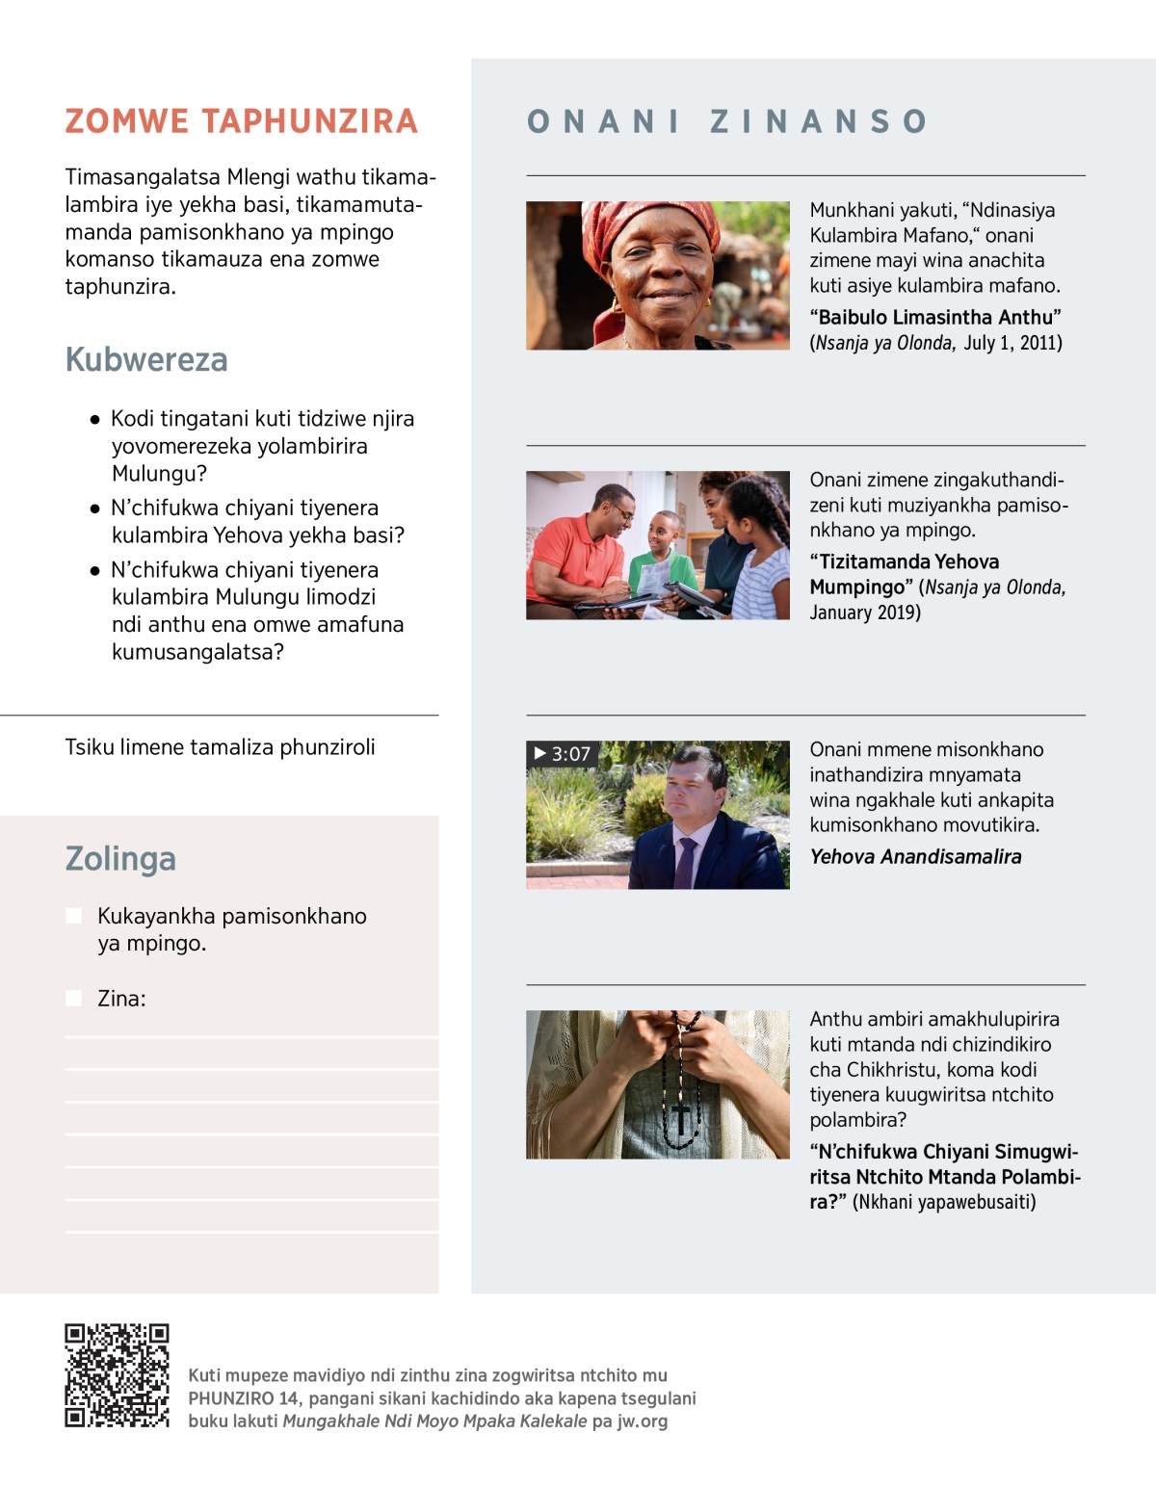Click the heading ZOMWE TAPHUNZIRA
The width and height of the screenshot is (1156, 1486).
241,121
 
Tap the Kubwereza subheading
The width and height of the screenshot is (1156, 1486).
146,359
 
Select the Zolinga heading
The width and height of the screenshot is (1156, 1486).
120,858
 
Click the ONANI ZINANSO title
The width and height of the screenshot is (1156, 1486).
727,121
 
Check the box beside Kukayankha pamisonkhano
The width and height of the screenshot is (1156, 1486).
73,916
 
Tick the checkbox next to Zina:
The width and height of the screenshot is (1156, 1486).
73,999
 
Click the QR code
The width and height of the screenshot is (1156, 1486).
117,1374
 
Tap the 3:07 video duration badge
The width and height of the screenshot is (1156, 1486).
563,754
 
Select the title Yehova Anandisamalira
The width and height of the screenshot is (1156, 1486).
915,856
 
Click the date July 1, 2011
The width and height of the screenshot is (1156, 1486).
1012,343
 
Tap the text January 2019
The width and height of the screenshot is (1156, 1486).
864,613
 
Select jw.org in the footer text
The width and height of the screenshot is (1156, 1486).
642,1421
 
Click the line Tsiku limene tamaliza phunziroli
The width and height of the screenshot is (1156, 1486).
220,747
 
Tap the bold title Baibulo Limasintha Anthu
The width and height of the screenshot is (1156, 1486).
934,318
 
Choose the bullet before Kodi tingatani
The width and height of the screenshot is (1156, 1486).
94,420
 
